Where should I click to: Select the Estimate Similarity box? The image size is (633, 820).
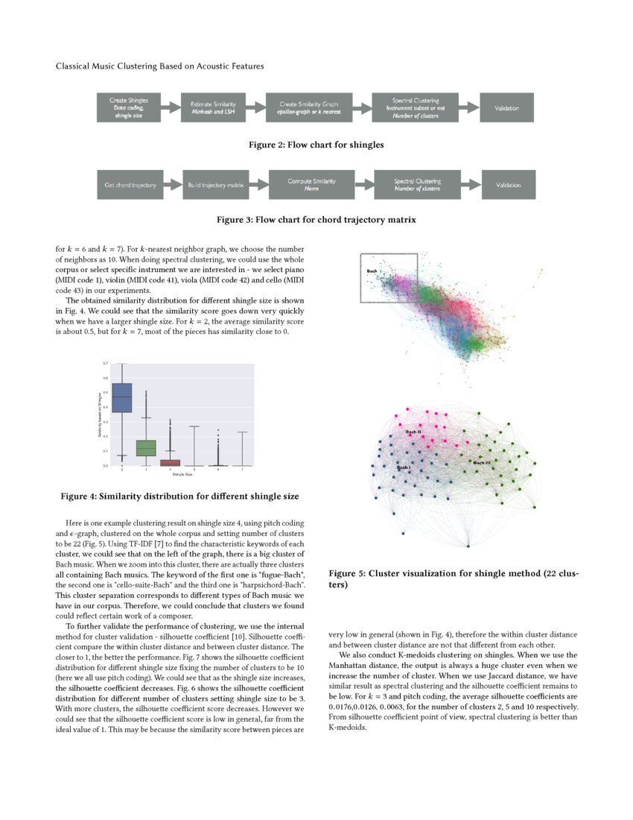click(x=213, y=107)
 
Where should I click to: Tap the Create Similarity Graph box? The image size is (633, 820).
click(x=308, y=107)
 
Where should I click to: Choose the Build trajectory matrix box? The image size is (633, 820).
click(x=214, y=185)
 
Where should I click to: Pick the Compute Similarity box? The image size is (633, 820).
click(x=312, y=185)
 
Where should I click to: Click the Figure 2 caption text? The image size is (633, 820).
click(x=316, y=145)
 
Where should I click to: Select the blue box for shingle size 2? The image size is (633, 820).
click(x=121, y=397)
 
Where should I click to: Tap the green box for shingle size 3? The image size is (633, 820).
click(x=146, y=448)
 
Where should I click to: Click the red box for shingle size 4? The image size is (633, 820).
click(x=171, y=463)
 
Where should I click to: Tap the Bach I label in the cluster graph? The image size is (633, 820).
click(x=403, y=467)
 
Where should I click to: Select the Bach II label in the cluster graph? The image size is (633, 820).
click(x=413, y=432)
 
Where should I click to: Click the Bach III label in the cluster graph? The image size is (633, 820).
click(x=482, y=463)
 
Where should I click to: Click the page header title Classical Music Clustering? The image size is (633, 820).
click(x=159, y=66)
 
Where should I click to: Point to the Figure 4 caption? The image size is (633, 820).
click(x=180, y=496)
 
